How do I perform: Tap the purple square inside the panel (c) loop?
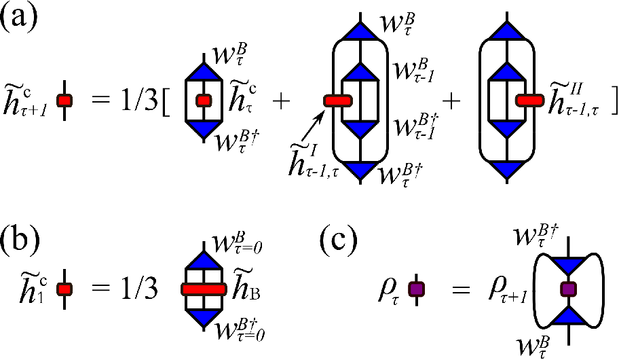click(569, 289)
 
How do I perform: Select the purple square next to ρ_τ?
click(417, 289)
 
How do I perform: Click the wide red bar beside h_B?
click(204, 289)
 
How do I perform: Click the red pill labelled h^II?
click(529, 101)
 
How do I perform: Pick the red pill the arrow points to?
click(337, 101)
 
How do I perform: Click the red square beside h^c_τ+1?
click(64, 101)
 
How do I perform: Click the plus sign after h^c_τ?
click(281, 102)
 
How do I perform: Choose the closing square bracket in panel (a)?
click(614, 102)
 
